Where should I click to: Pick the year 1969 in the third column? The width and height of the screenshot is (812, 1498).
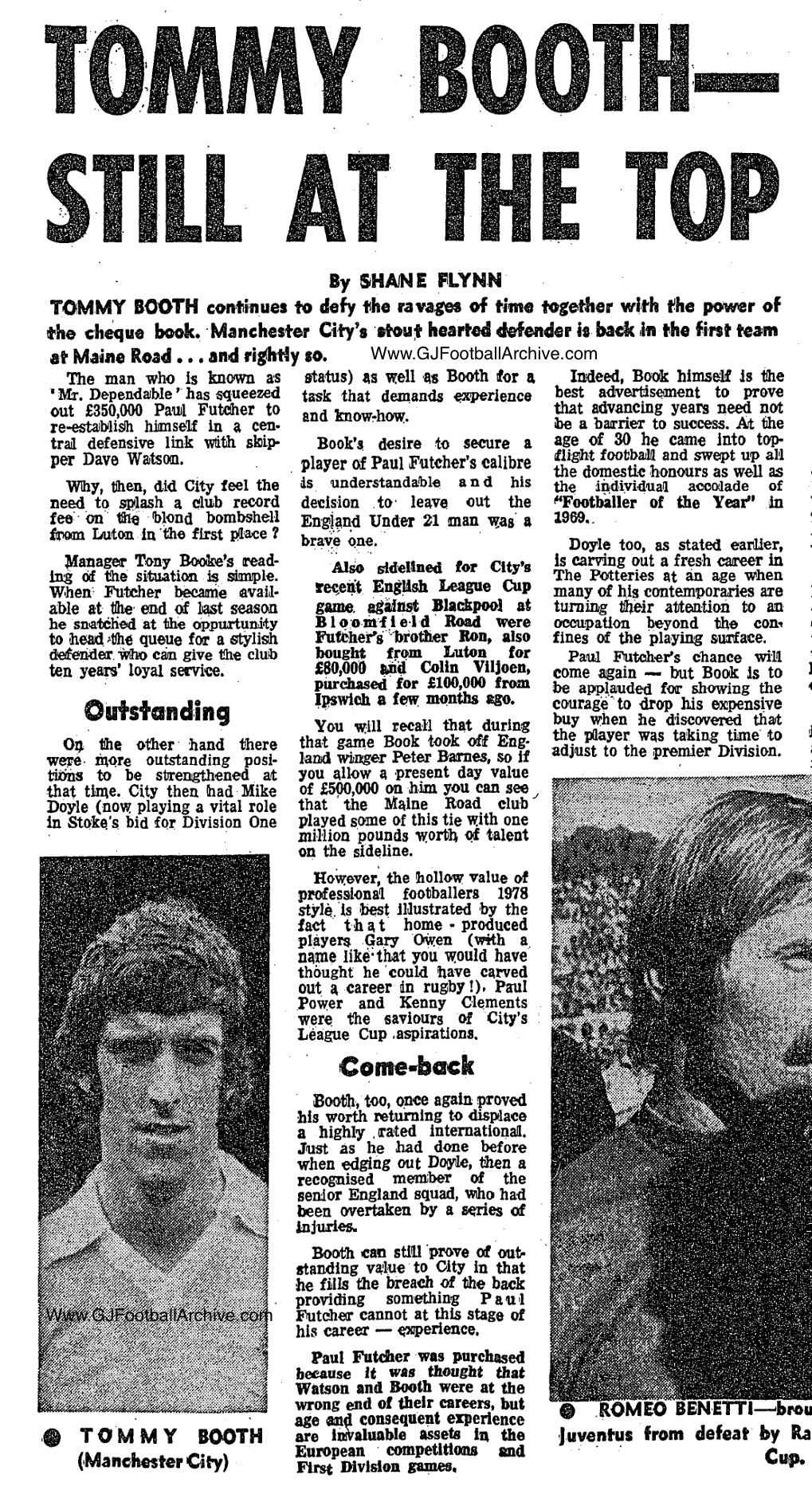(x=570, y=517)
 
